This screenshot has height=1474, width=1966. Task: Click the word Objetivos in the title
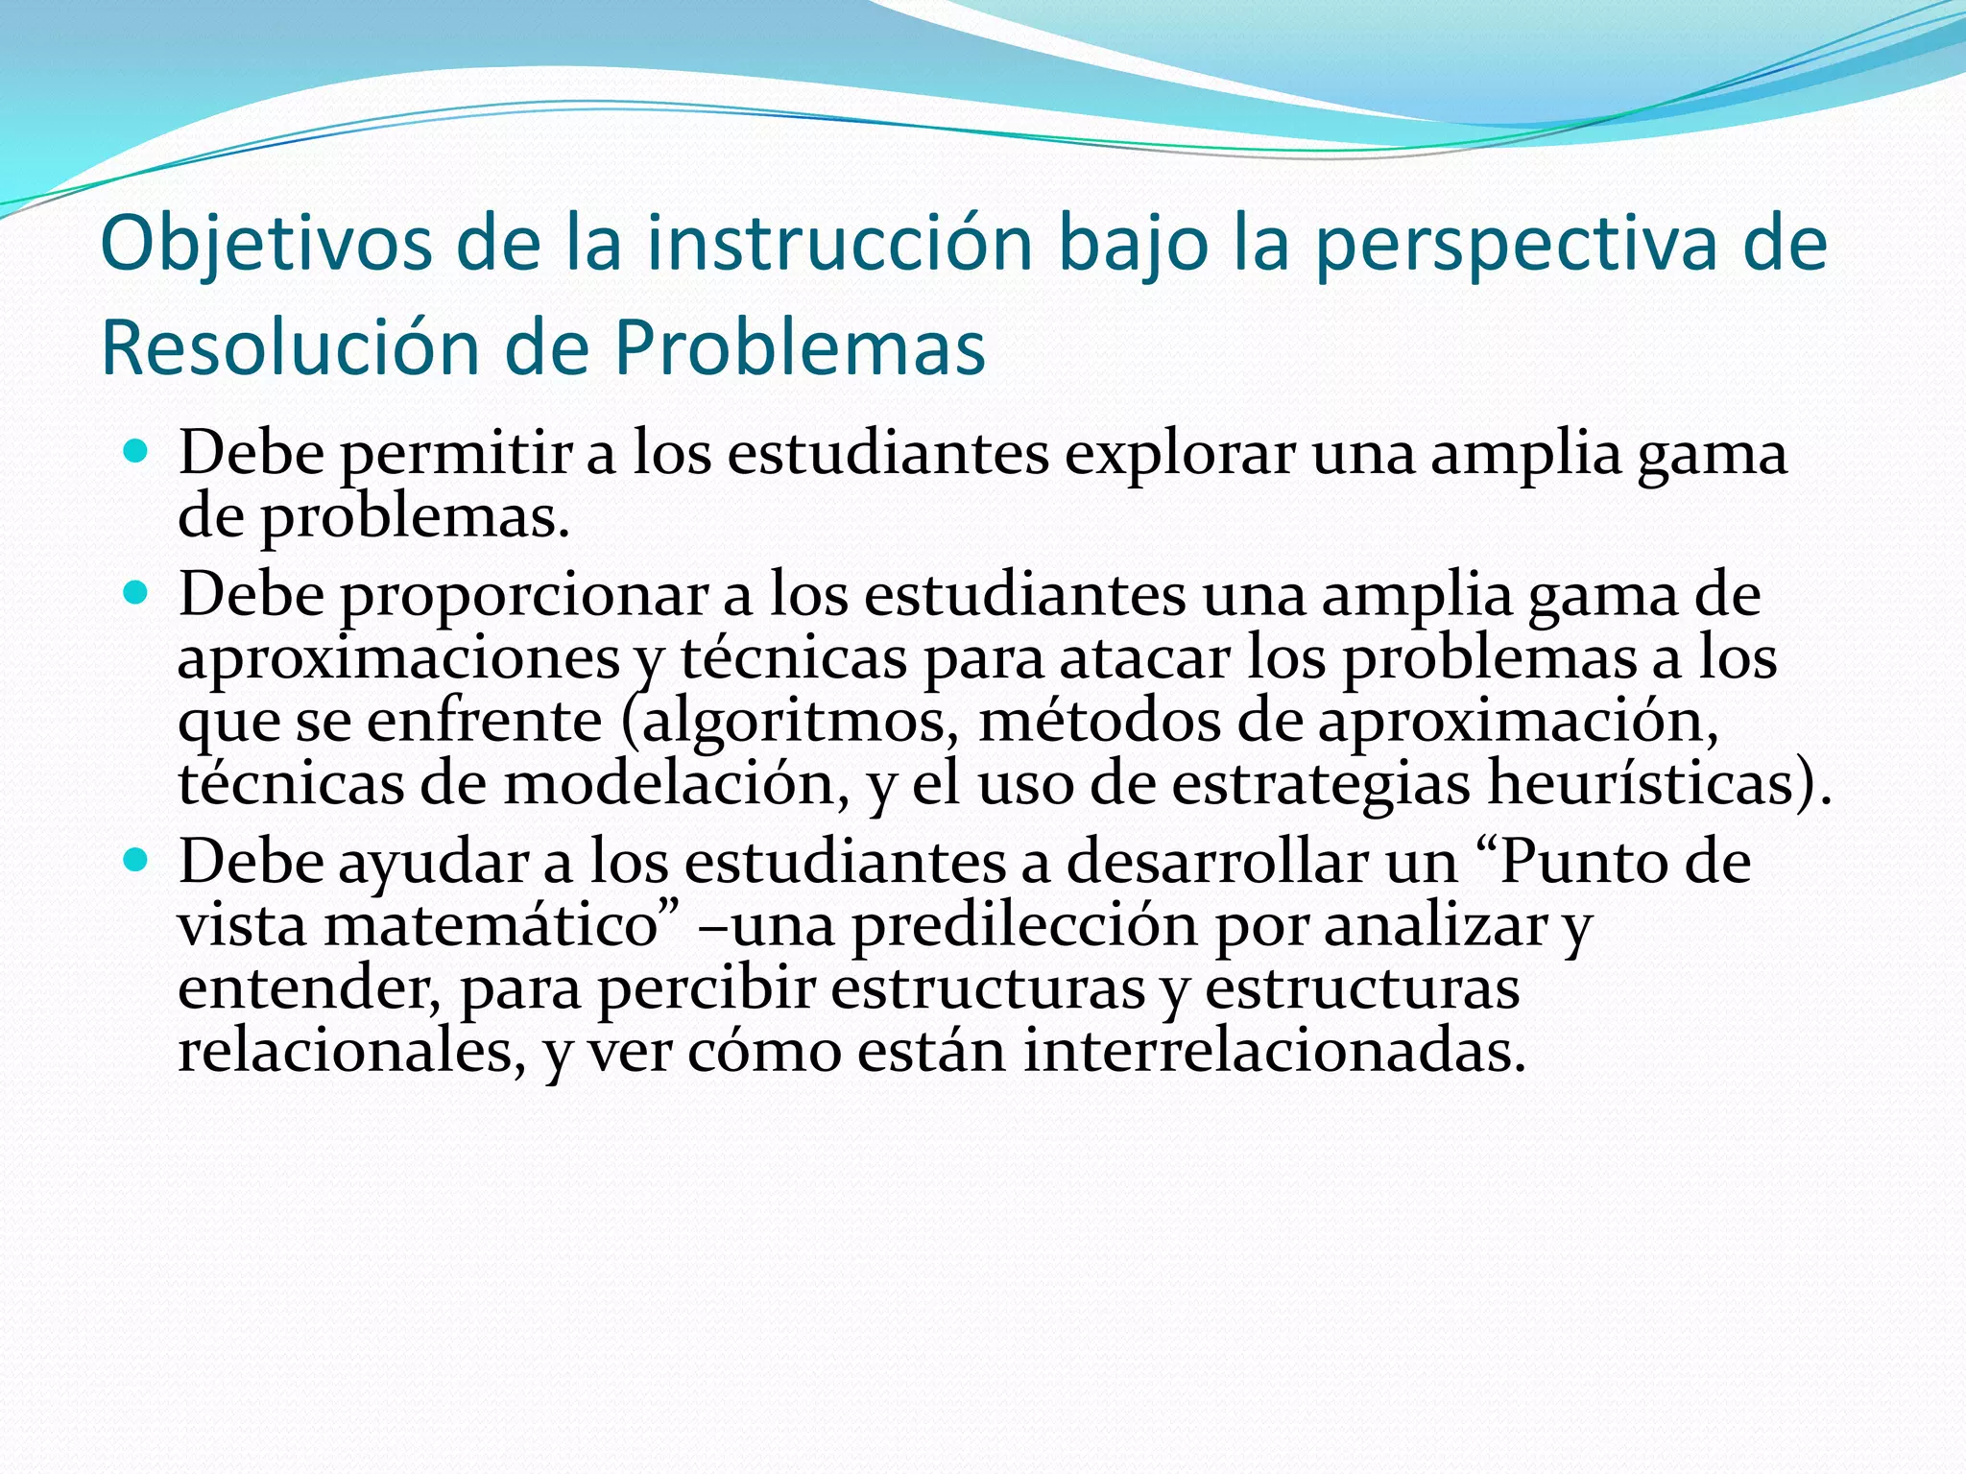point(266,244)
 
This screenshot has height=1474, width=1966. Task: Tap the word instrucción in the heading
point(839,244)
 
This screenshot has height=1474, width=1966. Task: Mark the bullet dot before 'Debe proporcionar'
point(136,592)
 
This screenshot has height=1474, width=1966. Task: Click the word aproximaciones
point(398,658)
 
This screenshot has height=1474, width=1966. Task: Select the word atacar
point(1144,658)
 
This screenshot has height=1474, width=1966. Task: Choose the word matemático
point(491,926)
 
